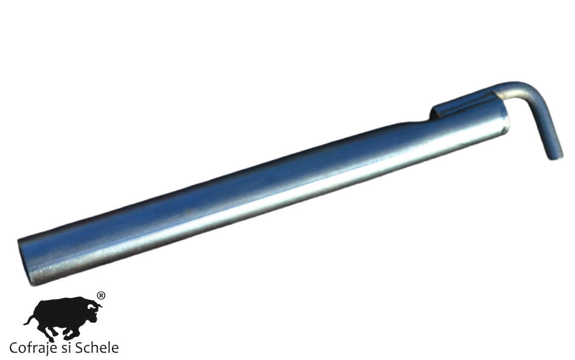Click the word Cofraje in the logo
coord(32,348)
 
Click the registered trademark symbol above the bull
coord(101,296)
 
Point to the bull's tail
coord(29,320)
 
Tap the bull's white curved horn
coord(98,305)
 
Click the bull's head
coord(92,311)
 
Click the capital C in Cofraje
coord(13,348)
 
